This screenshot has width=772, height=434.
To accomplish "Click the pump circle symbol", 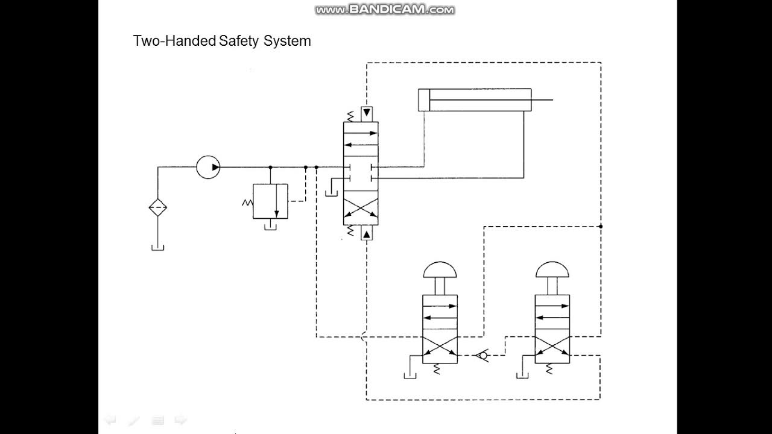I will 209,167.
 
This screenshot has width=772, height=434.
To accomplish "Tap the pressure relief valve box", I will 270,202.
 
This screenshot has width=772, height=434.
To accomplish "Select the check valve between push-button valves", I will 482,355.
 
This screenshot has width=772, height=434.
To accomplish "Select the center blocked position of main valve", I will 361,173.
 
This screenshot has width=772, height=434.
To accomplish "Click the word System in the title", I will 287,41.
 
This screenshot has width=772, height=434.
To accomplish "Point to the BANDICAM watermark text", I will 385,10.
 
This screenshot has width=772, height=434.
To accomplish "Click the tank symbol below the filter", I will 158,247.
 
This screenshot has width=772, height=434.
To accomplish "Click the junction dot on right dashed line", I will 601,226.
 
